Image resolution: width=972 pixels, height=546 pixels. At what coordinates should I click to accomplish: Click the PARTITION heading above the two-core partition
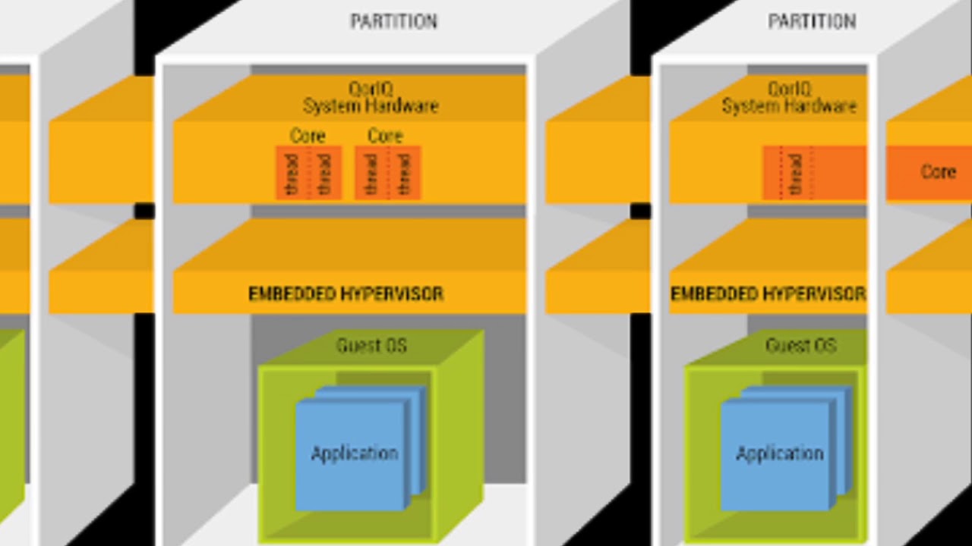coord(393,22)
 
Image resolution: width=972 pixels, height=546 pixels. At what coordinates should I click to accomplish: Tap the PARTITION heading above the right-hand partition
coord(812,22)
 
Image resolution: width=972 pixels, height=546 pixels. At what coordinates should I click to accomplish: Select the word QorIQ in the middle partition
coord(371,89)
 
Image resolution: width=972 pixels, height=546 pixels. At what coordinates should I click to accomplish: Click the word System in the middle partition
coord(331,106)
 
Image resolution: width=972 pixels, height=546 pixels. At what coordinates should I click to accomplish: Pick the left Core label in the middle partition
coord(308,136)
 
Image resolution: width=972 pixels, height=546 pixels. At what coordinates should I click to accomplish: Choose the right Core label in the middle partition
coord(385,136)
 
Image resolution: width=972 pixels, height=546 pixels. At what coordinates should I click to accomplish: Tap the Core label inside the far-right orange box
coord(938,172)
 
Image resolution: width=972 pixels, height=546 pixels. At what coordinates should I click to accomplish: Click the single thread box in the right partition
coord(794,174)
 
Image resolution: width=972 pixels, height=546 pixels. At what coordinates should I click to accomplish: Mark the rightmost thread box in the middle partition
coord(404,174)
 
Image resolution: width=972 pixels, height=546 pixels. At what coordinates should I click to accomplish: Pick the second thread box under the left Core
coord(324,174)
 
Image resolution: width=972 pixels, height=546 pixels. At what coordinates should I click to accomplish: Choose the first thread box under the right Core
coord(371,174)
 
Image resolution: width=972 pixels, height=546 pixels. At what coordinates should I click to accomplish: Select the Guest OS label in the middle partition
coord(371,346)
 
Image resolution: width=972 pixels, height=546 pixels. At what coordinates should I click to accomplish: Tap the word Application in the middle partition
coord(354,453)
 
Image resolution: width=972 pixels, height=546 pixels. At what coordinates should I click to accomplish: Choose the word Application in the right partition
coord(779,453)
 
